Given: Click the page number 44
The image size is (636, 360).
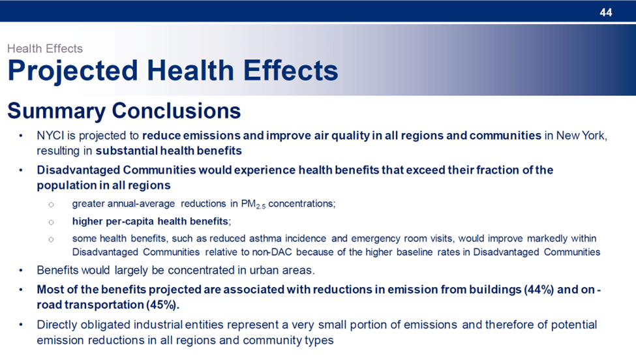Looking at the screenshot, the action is click(x=605, y=12).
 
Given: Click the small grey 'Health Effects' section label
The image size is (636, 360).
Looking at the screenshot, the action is click(x=45, y=49).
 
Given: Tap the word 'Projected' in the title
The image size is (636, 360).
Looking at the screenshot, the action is click(x=73, y=71).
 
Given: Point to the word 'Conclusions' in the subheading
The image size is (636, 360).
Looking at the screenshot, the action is click(x=176, y=111).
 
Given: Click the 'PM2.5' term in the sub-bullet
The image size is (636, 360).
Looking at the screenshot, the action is click(x=253, y=204).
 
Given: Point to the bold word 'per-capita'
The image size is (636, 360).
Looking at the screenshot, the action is click(x=130, y=221).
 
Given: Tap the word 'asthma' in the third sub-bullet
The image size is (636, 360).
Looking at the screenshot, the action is click(x=264, y=239).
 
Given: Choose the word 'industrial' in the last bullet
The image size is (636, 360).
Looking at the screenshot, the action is click(x=159, y=325).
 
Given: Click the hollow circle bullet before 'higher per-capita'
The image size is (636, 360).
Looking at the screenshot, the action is click(x=51, y=222).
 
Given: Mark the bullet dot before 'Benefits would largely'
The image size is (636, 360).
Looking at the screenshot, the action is click(x=20, y=271).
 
